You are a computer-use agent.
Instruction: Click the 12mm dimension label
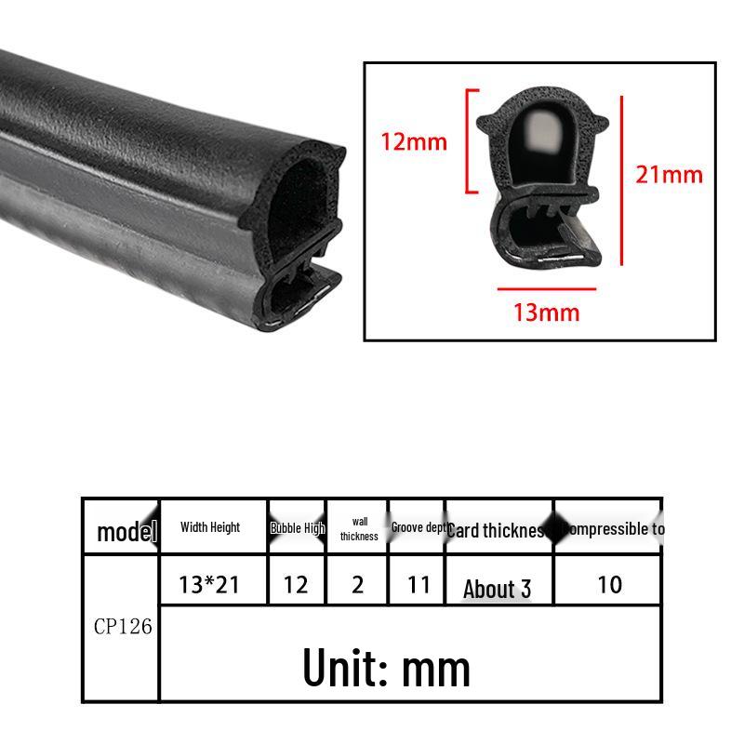(x=413, y=141)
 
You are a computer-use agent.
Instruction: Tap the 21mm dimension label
(x=669, y=173)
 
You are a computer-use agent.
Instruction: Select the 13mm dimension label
(x=547, y=312)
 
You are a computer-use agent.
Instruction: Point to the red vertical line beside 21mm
(x=621, y=178)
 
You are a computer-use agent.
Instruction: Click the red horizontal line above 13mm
(x=547, y=288)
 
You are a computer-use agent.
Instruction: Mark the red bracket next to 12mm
(x=470, y=141)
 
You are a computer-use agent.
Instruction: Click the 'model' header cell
(x=126, y=532)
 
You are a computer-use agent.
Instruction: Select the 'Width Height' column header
(x=210, y=527)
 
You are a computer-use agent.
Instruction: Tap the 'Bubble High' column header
(x=297, y=528)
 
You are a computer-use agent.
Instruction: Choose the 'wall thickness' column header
(x=359, y=529)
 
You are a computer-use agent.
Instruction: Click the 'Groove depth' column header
(x=418, y=527)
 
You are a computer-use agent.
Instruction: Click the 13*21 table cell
(x=209, y=584)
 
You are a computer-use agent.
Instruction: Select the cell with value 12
(x=296, y=584)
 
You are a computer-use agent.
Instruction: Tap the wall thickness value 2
(x=359, y=584)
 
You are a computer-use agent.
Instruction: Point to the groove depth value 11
(x=419, y=584)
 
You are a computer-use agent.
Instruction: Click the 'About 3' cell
(x=498, y=589)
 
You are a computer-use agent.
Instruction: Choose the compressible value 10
(x=609, y=584)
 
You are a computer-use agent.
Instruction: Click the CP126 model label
(x=123, y=626)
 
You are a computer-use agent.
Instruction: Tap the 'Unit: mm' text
(x=386, y=667)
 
